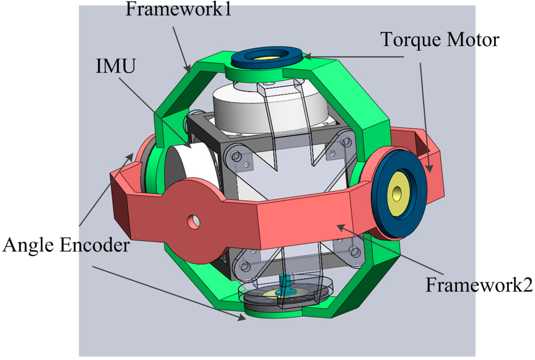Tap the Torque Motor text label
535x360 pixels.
pos(440,39)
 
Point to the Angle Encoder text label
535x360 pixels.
pos(66,245)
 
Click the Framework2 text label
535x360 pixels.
pos(479,285)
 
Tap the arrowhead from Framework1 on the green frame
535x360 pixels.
pos(189,68)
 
